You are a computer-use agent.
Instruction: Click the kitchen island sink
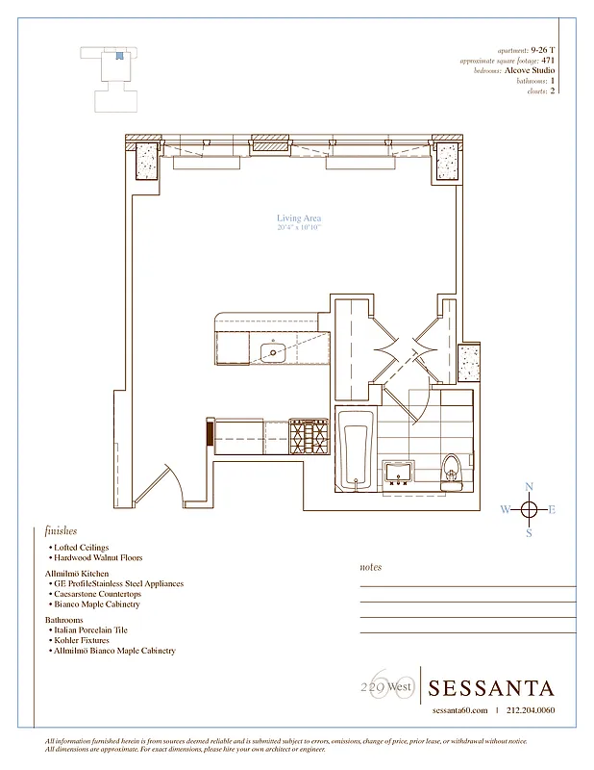[275, 351]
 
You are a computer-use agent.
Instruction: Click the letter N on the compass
[528, 487]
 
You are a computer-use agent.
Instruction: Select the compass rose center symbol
[528, 510]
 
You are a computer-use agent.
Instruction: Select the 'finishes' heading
[61, 531]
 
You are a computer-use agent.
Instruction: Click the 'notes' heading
[370, 568]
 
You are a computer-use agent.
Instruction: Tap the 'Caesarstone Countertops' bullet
[99, 594]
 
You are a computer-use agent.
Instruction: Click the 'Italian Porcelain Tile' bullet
[95, 629]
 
